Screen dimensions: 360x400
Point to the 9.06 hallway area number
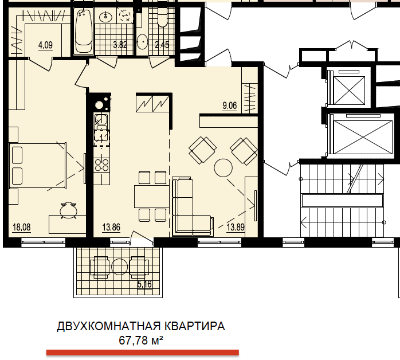pyautogui.click(x=230, y=105)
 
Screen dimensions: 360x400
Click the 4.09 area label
pyautogui.click(x=45, y=44)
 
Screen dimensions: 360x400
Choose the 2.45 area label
pyautogui.click(x=162, y=45)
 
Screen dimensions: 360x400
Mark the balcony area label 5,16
pyautogui.click(x=144, y=284)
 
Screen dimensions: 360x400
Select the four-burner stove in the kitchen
pyautogui.click(x=101, y=165)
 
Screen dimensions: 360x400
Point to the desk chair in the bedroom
pyautogui.click(x=68, y=210)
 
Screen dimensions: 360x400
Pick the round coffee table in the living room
pyautogui.click(x=223, y=168)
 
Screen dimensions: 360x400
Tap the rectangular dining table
pyautogui.click(x=152, y=195)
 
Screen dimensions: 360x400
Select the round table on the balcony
pyautogui.click(x=120, y=267)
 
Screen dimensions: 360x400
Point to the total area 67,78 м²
pyautogui.click(x=141, y=341)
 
